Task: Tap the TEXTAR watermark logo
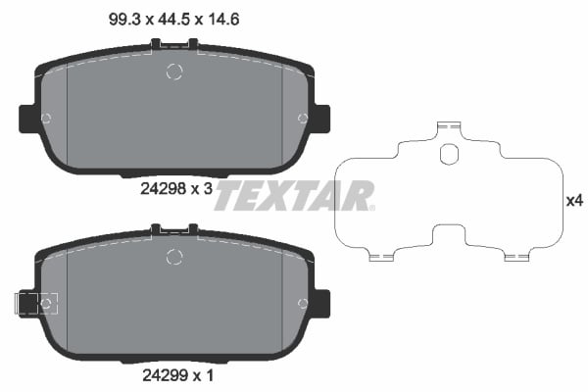click(293, 195)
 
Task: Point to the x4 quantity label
click(575, 201)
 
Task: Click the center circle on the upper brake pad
click(174, 71)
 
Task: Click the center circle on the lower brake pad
click(174, 257)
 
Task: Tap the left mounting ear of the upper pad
click(28, 118)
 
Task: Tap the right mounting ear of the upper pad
click(320, 118)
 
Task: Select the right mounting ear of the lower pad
click(320, 304)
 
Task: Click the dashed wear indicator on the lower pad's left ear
click(36, 304)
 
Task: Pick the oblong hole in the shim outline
click(450, 155)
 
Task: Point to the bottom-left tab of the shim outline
click(382, 257)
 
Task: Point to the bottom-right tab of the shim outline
click(517, 257)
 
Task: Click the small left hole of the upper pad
click(47, 119)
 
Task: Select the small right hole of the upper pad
click(302, 119)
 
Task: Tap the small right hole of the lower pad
click(302, 304)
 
